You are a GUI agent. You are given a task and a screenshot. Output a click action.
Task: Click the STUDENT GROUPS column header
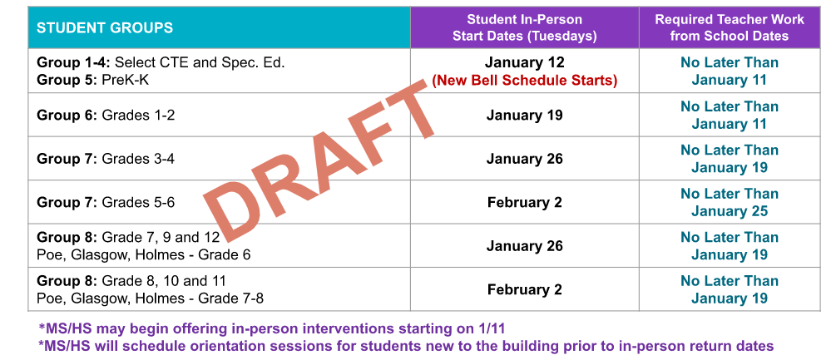pos(105,27)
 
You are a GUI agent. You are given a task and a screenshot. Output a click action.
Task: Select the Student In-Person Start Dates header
pos(524,27)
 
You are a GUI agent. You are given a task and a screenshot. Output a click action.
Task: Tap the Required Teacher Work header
pos(730,27)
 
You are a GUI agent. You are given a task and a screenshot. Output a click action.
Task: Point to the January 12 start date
pos(524,62)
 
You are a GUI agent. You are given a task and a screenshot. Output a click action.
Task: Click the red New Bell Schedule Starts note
pos(524,81)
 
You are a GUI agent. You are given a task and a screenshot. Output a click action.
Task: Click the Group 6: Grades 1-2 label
pos(106,116)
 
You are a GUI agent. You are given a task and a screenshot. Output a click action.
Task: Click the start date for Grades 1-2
pos(524,116)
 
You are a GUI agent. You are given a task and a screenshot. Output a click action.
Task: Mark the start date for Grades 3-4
pos(524,159)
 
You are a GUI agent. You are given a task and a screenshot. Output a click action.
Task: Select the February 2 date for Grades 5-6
pos(524,202)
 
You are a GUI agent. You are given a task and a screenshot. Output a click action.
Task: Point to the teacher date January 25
pos(730,211)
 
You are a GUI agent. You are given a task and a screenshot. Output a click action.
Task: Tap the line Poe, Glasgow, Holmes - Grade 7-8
pos(151,298)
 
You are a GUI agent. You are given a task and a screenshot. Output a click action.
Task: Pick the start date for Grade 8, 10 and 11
pos(524,290)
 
